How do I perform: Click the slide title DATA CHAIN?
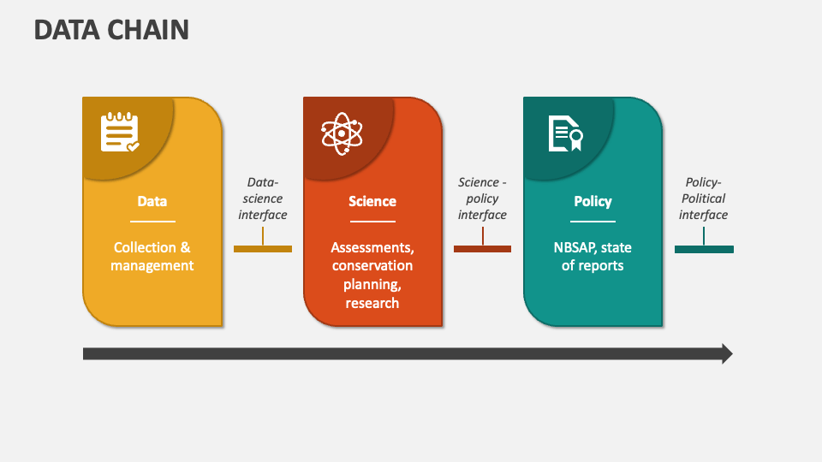point(111,30)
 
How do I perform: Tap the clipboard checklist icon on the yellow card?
point(120,133)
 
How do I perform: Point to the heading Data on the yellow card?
point(152,202)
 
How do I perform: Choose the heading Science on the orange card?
point(372,202)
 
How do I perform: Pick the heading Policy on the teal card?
point(593,202)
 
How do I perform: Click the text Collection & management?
point(153,257)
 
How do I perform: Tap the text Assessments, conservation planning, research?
point(372,275)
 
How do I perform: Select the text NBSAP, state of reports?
point(593,257)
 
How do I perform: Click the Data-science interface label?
point(263,198)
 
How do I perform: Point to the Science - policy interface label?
point(482,198)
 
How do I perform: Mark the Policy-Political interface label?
point(704,198)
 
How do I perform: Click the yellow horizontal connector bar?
point(263,249)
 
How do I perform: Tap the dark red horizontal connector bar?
point(482,249)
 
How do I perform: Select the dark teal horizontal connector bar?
point(704,249)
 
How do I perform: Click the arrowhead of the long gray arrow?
point(727,353)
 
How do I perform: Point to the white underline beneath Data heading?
point(152,222)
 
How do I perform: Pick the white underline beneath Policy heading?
point(593,222)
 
